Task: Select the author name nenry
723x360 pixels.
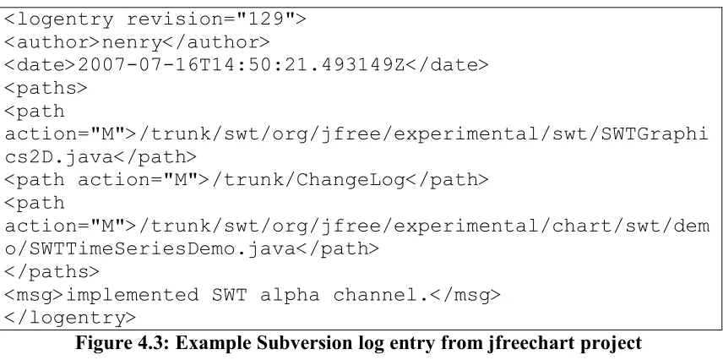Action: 132,43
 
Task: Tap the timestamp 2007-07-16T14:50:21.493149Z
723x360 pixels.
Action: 242,65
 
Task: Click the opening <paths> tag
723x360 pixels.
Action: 46,89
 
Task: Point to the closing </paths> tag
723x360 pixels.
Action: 52,272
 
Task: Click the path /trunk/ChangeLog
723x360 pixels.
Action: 308,180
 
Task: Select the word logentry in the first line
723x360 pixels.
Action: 64,19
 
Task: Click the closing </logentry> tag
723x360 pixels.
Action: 70,318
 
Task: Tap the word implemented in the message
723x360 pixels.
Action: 133,295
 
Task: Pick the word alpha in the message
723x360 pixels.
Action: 290,296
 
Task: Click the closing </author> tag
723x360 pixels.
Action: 215,43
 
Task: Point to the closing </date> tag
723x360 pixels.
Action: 446,65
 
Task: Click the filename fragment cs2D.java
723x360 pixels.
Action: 58,157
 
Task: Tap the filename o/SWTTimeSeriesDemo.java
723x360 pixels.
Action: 149,249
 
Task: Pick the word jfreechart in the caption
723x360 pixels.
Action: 535,344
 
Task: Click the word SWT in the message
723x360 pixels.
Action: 229,295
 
